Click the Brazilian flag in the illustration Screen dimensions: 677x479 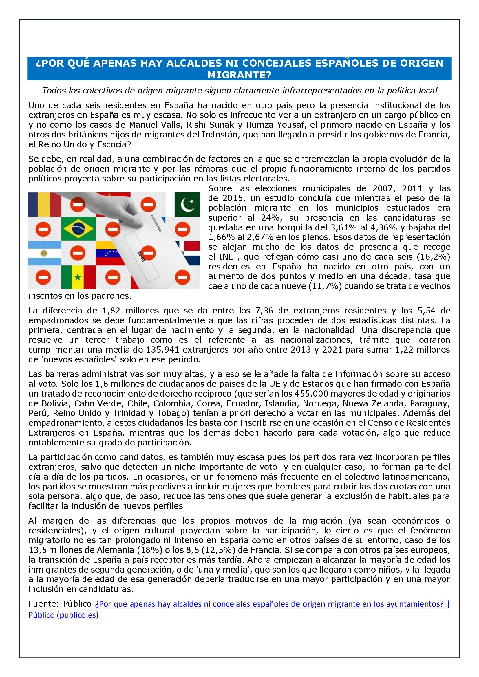[78, 229]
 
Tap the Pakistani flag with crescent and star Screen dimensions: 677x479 [187, 204]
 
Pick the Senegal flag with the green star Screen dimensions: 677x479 [78, 277]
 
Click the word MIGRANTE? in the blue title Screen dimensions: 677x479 [239, 76]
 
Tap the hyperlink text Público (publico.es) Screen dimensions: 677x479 [63, 615]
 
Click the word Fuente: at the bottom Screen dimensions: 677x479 [44, 604]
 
